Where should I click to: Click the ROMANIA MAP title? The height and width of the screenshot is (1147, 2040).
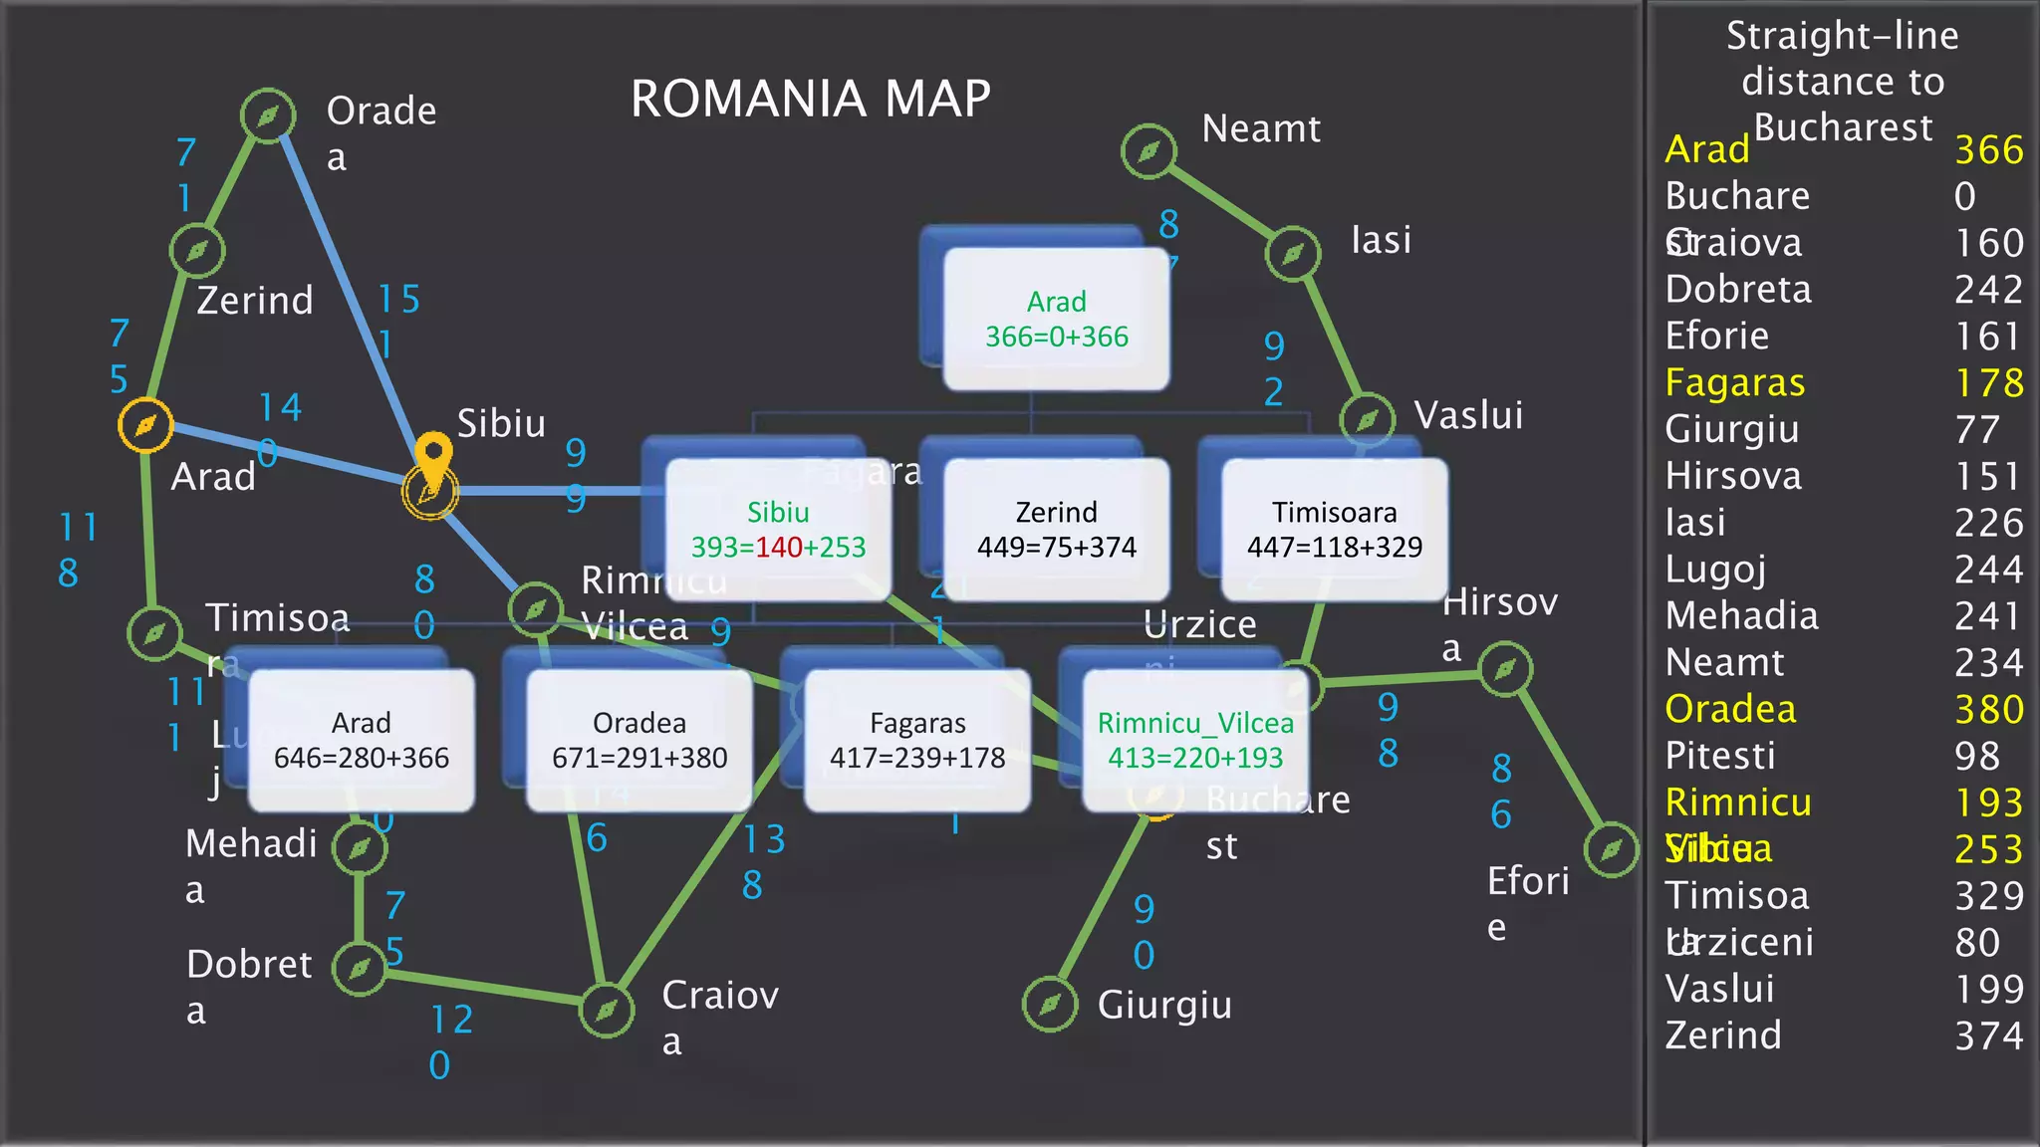tap(810, 99)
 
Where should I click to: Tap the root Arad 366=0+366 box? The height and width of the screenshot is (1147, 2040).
tap(1056, 319)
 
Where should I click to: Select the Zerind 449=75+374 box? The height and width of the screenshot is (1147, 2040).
tap(1056, 529)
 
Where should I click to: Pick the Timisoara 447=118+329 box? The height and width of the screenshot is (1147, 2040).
tap(1334, 529)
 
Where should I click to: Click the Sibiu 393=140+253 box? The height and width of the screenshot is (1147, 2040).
tap(778, 529)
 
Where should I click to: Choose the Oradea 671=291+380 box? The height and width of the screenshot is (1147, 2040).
tap(639, 740)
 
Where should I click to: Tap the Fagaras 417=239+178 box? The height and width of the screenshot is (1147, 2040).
tap(917, 740)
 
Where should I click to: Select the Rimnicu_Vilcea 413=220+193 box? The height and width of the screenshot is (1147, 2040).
tap(1195, 740)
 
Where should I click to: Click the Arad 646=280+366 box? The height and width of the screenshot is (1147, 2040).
tap(362, 740)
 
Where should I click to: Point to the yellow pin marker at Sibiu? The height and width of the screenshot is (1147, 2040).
tap(433, 460)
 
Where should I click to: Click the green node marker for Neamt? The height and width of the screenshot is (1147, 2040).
tap(1148, 151)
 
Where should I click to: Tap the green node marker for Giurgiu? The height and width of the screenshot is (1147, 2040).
tap(1050, 1005)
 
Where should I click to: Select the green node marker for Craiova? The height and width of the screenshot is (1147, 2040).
tap(607, 1011)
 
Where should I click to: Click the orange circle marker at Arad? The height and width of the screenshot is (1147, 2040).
tap(145, 425)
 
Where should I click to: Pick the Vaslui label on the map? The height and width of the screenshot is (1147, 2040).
tap(1468, 415)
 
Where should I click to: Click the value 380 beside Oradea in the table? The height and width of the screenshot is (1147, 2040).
tap(1988, 709)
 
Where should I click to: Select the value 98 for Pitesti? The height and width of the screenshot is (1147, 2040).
tap(1976, 756)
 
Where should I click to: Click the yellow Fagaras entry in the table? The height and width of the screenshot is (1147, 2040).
tap(1734, 382)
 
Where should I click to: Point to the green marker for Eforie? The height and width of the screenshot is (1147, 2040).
tap(1611, 849)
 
